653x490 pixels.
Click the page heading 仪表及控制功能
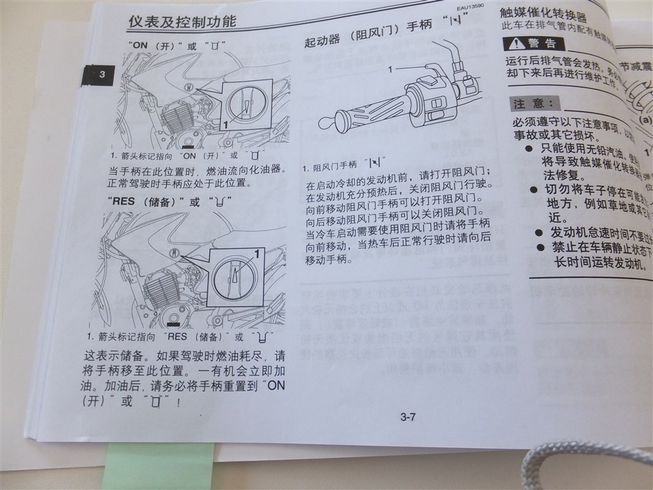182,22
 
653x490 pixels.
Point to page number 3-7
408,418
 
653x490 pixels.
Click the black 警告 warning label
533,43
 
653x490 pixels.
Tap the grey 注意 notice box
536,103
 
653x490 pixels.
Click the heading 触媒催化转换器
552,13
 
